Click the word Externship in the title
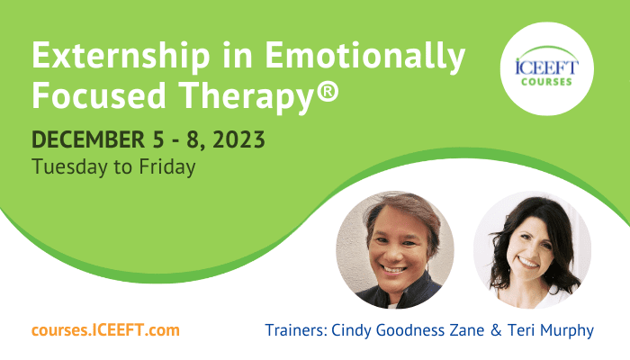121,56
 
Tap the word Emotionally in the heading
365,56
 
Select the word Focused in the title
99,95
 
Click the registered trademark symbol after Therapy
328,91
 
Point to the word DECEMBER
88,139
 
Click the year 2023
238,139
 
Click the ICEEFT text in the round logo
547,67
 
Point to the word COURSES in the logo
547,82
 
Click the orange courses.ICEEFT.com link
105,330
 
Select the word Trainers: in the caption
296,330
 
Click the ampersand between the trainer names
496,330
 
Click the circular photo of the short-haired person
395,250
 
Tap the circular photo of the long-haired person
533,250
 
